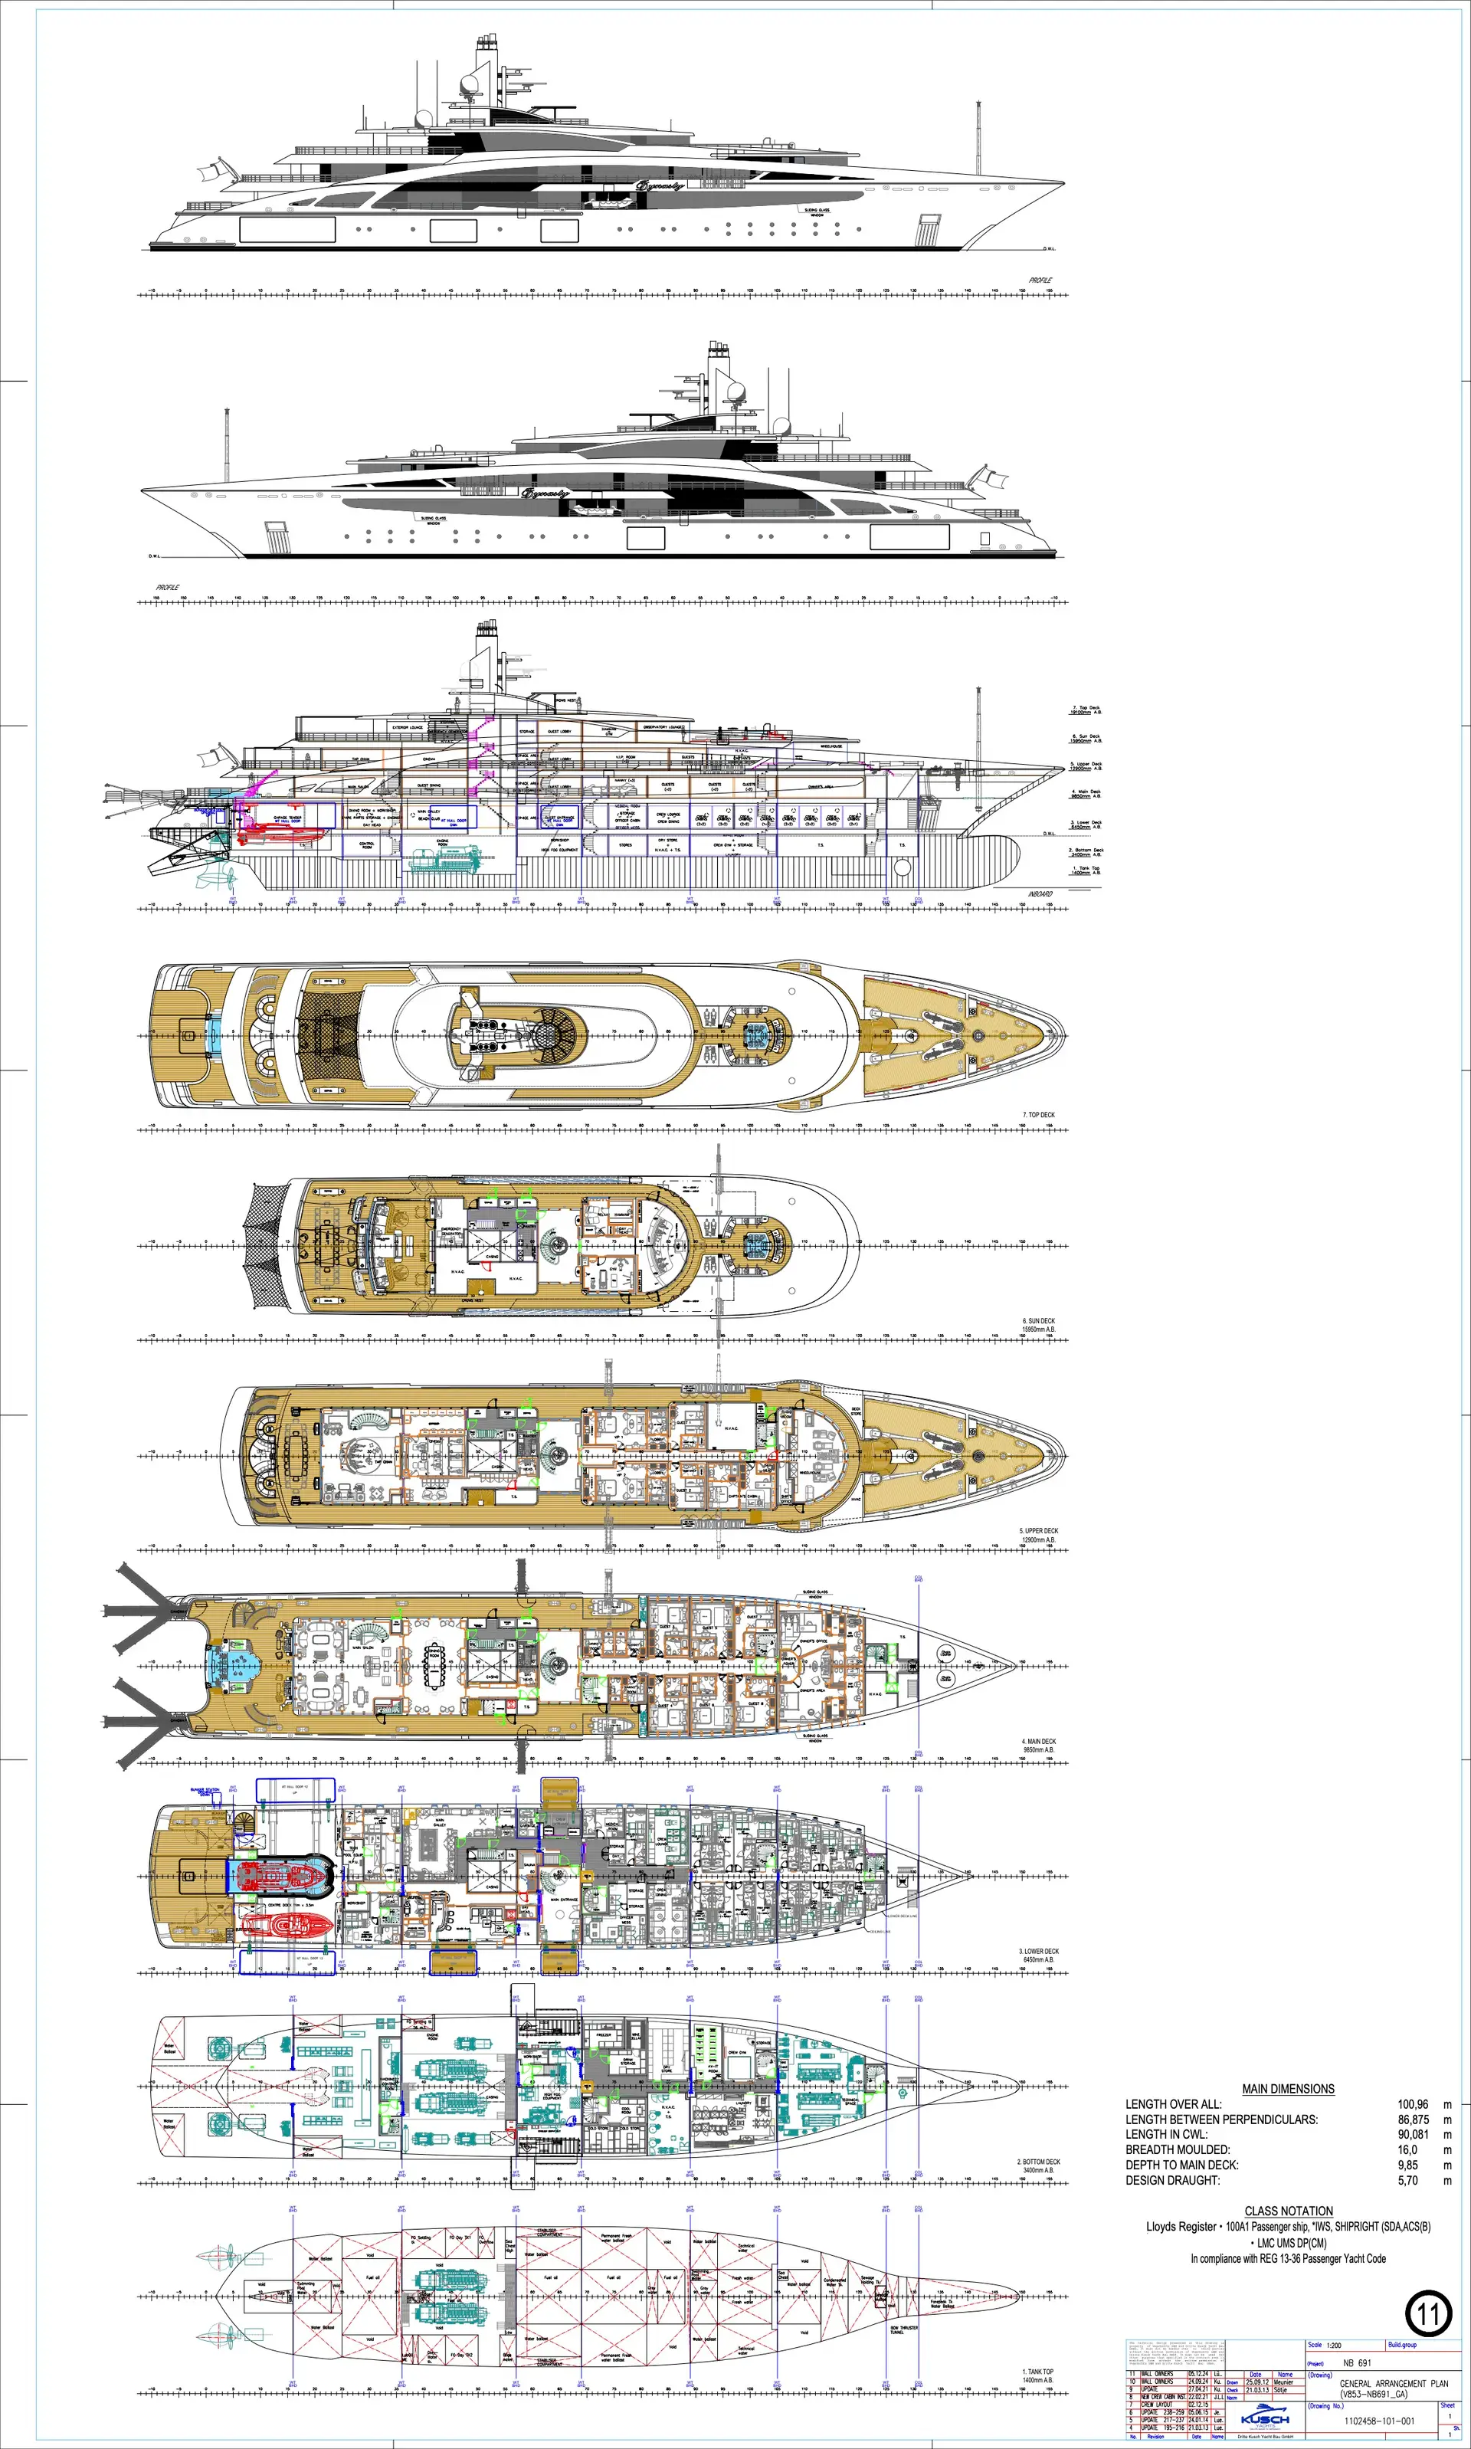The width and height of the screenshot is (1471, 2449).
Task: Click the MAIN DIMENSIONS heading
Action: point(1288,2088)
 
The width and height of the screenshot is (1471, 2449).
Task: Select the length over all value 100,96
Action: point(1413,2104)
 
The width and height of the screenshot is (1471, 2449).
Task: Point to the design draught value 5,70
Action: point(1407,2180)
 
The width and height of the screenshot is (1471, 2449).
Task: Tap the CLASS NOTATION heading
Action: point(1288,2211)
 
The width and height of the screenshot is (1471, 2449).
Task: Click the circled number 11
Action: point(1428,2314)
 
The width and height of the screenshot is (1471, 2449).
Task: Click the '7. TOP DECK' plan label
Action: point(1038,1115)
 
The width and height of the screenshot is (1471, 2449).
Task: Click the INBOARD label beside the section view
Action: point(1040,893)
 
